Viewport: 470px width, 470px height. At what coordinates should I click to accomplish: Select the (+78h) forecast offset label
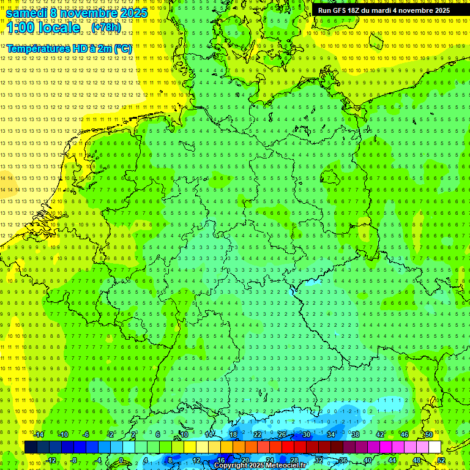106,28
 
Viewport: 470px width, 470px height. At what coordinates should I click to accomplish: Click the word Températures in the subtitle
38,48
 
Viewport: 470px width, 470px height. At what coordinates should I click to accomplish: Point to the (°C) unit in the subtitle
122,48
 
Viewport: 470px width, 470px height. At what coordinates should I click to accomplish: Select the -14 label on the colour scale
38,435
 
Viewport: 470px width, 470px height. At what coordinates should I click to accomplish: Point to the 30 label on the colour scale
307,435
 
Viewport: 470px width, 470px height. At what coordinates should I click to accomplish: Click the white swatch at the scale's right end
435,447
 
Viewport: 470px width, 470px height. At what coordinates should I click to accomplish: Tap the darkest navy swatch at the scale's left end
31,447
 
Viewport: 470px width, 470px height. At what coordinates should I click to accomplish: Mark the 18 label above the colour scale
233,435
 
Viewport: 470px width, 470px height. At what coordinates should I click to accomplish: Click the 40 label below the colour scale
368,460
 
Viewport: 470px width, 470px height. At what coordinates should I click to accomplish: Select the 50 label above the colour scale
429,435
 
